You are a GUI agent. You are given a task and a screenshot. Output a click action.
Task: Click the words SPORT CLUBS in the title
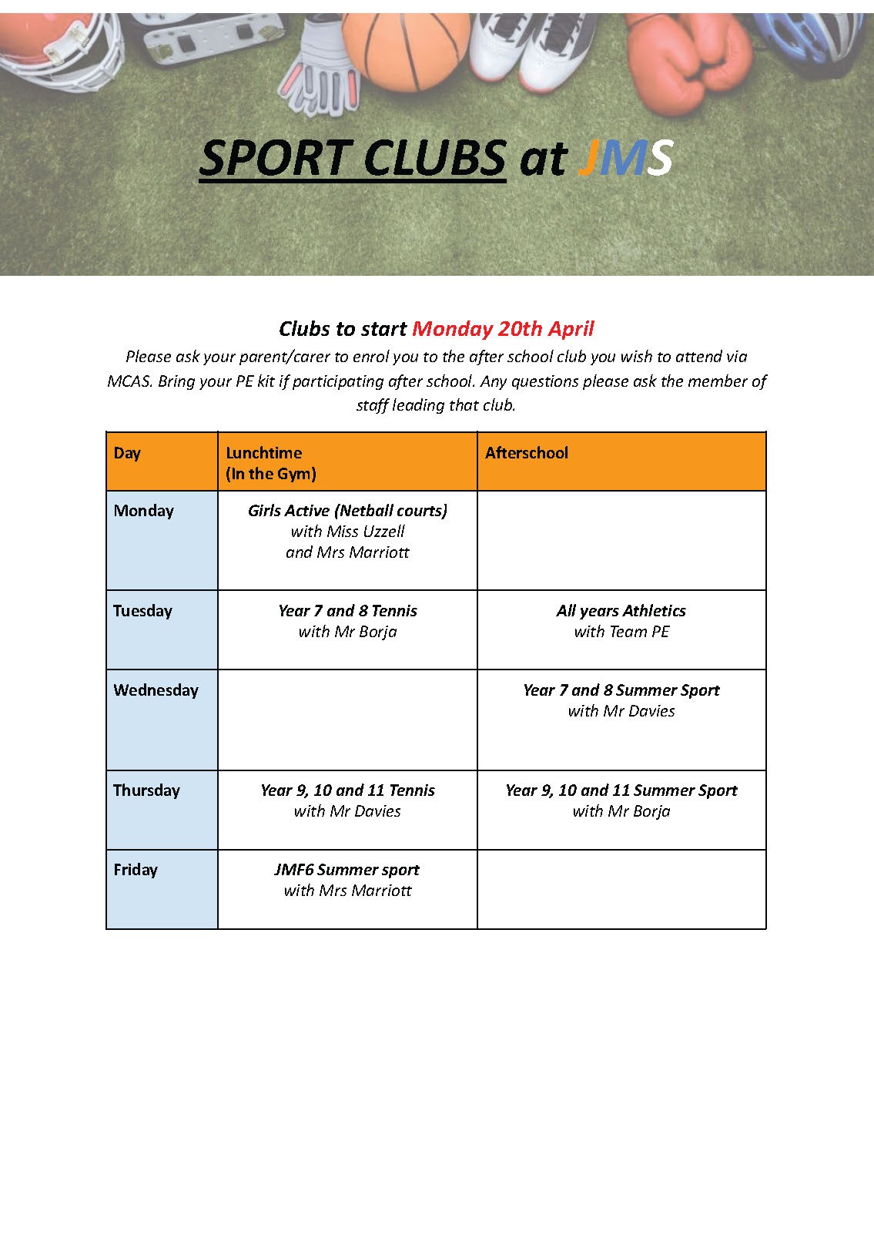(352, 158)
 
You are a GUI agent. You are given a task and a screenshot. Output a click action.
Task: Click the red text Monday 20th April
(503, 329)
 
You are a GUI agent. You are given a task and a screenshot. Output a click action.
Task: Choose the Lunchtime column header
(263, 453)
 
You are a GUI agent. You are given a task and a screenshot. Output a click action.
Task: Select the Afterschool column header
(527, 453)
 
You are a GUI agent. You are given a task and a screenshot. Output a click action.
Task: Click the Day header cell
(127, 453)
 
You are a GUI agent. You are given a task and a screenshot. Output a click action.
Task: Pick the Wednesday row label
(156, 690)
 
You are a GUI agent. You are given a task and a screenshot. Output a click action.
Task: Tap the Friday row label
(136, 870)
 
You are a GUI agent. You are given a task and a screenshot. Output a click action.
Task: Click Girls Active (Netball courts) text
(347, 511)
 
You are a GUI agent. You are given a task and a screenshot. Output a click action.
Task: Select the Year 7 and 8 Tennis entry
(347, 611)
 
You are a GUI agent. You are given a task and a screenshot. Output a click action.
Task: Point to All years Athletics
(621, 611)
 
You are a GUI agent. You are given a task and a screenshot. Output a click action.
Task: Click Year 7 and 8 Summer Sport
(621, 690)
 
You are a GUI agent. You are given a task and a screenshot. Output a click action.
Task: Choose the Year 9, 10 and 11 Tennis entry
(347, 790)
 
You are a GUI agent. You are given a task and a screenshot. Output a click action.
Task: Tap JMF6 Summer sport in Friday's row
(347, 870)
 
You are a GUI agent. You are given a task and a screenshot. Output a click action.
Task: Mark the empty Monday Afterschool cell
(621, 540)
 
